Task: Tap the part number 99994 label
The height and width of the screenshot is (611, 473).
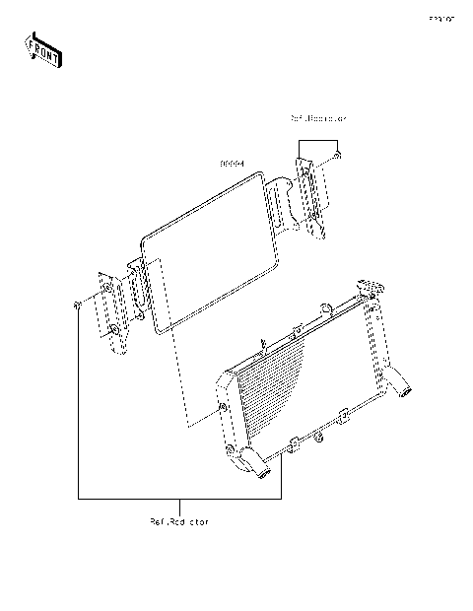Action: (232, 165)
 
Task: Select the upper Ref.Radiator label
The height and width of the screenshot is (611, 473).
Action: (318, 118)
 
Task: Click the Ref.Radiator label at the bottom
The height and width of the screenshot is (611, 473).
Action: (178, 519)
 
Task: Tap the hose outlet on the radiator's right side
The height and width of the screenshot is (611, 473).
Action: (404, 383)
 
